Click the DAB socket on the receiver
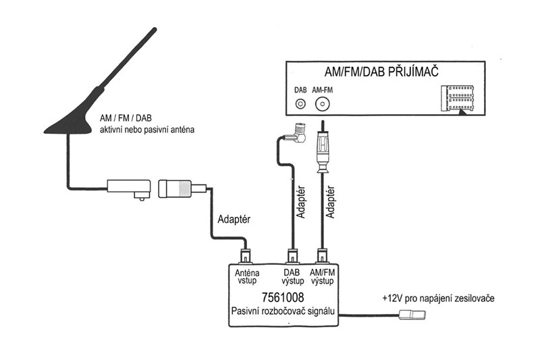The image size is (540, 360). (x=300, y=104)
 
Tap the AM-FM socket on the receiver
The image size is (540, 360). (x=323, y=104)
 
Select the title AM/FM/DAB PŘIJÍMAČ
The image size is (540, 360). (x=381, y=72)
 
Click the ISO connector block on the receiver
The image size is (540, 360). (x=458, y=99)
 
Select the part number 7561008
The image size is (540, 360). (x=283, y=297)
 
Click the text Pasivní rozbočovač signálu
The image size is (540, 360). (x=283, y=311)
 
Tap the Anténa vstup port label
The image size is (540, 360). (x=247, y=277)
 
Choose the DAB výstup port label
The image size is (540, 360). (x=292, y=277)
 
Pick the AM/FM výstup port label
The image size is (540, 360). (x=323, y=277)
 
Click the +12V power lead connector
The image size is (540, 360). (x=412, y=315)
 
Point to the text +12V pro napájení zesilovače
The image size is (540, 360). (x=438, y=298)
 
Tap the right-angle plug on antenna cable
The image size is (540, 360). (x=128, y=189)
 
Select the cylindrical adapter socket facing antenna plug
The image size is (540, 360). (x=175, y=189)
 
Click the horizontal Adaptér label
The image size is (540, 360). (x=234, y=219)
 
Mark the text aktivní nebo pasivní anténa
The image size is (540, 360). (x=147, y=130)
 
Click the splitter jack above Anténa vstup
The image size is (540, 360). (x=246, y=256)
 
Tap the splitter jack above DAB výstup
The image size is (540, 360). (x=292, y=256)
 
